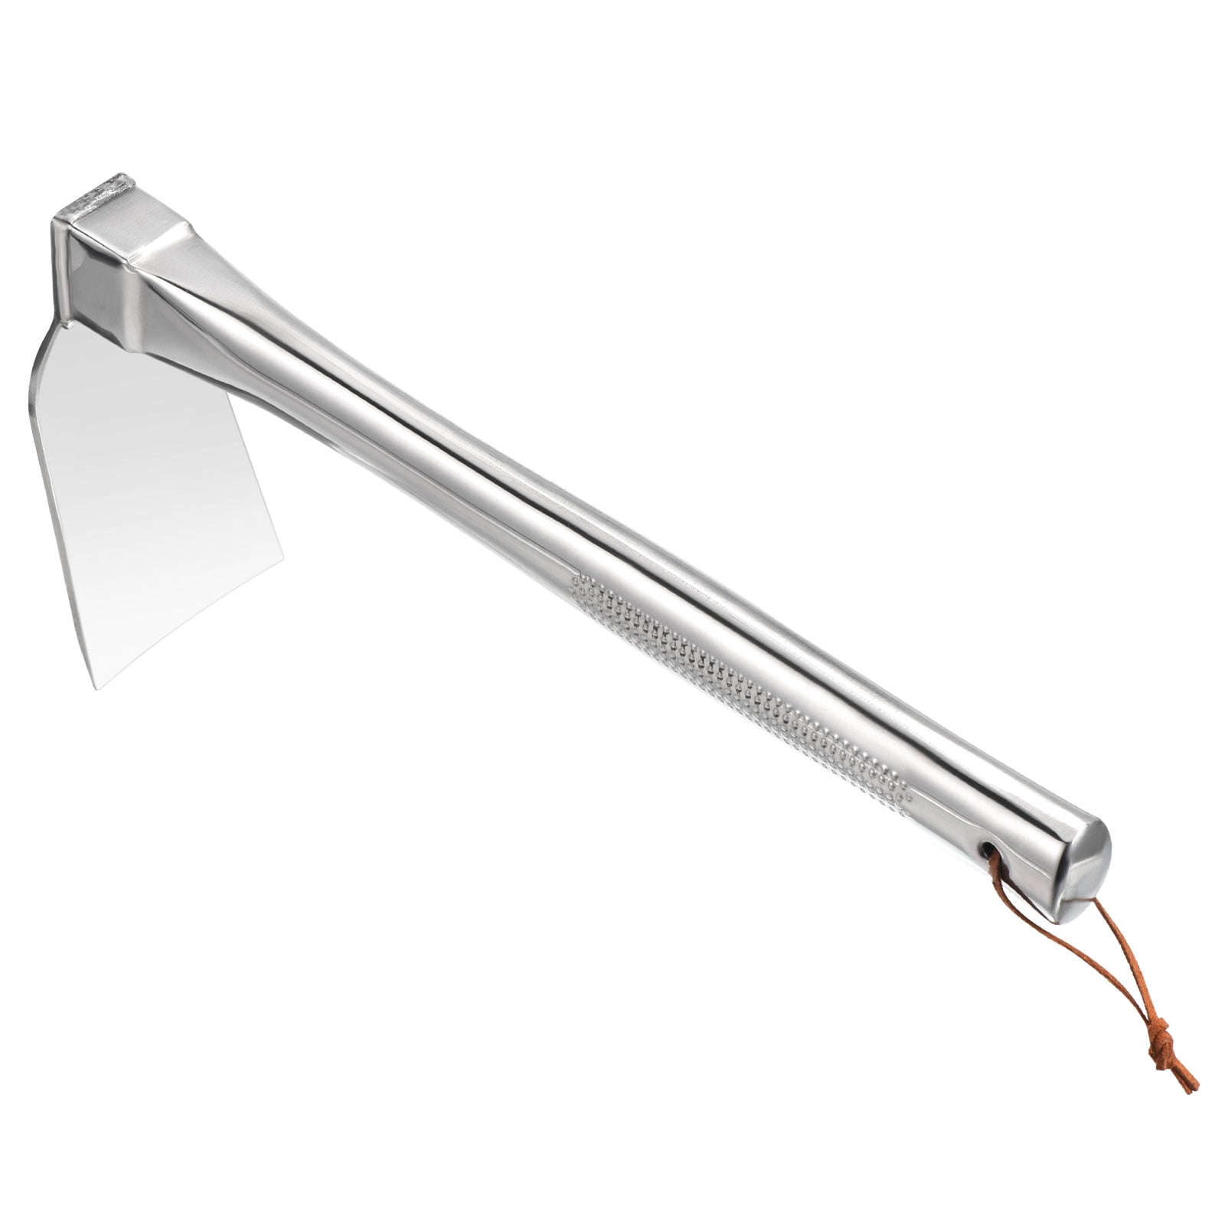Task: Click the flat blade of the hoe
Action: point(153,498)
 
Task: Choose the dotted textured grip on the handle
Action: point(743,689)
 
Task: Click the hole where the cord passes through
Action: point(990,849)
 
